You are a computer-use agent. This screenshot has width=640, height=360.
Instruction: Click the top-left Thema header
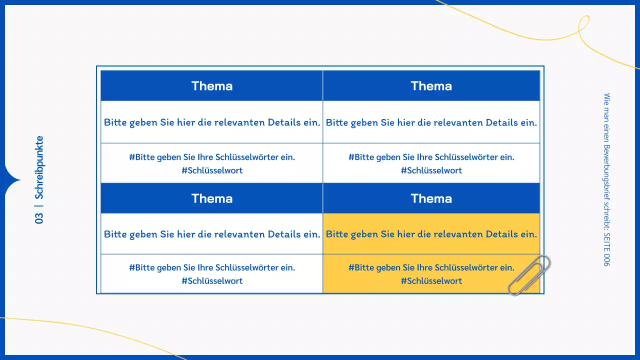click(x=212, y=86)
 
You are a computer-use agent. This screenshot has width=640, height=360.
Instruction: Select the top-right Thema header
click(x=431, y=86)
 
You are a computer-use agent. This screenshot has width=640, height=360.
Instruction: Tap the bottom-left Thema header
click(x=212, y=198)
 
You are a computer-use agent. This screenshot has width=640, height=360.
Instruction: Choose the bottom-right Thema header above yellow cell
click(x=431, y=198)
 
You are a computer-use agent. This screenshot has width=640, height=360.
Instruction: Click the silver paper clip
click(x=529, y=275)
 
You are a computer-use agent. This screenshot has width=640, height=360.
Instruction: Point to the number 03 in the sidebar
click(x=39, y=218)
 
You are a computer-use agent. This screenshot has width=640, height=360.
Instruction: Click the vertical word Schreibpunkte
click(x=39, y=167)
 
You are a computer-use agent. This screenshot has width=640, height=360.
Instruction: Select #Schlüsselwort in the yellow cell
click(x=431, y=281)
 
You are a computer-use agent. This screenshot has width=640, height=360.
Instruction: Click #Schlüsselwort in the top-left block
click(x=212, y=170)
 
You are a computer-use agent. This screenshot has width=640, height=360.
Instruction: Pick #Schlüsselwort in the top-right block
click(x=431, y=170)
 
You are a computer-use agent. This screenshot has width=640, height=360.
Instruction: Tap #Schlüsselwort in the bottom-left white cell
click(x=212, y=281)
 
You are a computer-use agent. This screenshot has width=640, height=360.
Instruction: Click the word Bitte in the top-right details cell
click(x=336, y=122)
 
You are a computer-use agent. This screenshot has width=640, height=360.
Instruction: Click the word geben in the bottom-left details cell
click(x=142, y=234)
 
